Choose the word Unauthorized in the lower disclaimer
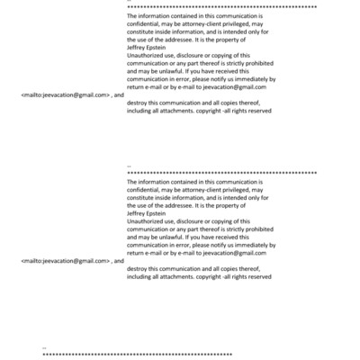(146, 220)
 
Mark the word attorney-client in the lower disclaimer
(204, 190)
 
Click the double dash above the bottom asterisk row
(45, 346)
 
